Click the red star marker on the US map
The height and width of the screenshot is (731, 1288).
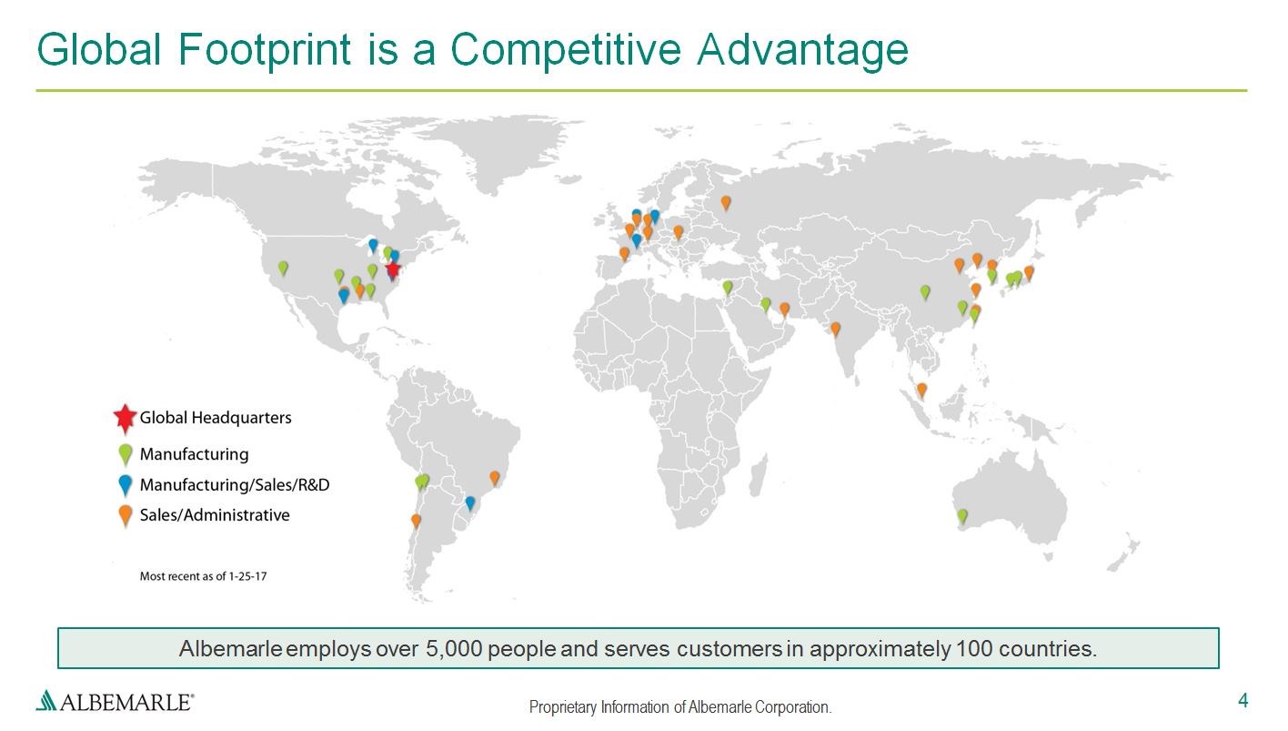click(x=393, y=269)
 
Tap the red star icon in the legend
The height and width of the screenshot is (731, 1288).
click(x=125, y=418)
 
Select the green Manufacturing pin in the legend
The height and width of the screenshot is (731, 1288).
click(x=126, y=455)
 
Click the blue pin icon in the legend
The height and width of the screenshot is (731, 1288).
click(x=125, y=485)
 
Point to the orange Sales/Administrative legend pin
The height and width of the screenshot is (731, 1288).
click(x=125, y=516)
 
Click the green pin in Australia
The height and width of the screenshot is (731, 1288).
click(x=962, y=517)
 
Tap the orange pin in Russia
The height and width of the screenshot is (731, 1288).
click(x=726, y=203)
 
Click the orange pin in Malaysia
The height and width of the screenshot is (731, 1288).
click(x=921, y=391)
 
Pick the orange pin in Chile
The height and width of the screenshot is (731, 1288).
click(x=416, y=522)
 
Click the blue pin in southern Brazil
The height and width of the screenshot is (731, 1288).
click(x=469, y=503)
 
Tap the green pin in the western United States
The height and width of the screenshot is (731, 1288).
click(x=283, y=269)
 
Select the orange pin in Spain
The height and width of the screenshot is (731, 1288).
click(x=625, y=254)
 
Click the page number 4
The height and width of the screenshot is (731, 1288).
click(x=1243, y=700)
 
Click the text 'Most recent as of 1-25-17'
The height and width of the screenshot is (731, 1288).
click(x=203, y=576)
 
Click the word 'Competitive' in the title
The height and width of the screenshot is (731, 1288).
click(x=566, y=49)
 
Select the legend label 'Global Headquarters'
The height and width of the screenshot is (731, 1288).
click(x=216, y=418)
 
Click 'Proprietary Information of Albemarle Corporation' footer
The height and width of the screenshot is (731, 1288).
click(x=680, y=706)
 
